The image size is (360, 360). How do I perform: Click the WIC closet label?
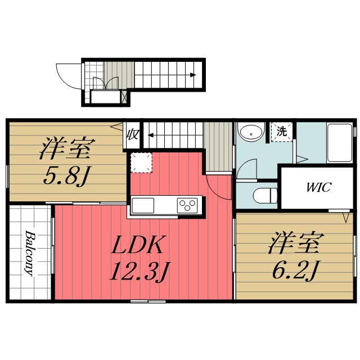(x=318, y=187)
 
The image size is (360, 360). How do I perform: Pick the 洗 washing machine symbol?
(x=281, y=133)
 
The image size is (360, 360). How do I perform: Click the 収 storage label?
(x=133, y=135)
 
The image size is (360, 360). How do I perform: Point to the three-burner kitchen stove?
(x=188, y=205)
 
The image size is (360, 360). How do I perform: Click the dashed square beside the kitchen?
(x=141, y=164)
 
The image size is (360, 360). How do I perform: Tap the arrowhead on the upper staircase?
(x=193, y=75)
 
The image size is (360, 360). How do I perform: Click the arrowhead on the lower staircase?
(x=150, y=135)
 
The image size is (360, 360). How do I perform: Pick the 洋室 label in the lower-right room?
(x=295, y=245)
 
